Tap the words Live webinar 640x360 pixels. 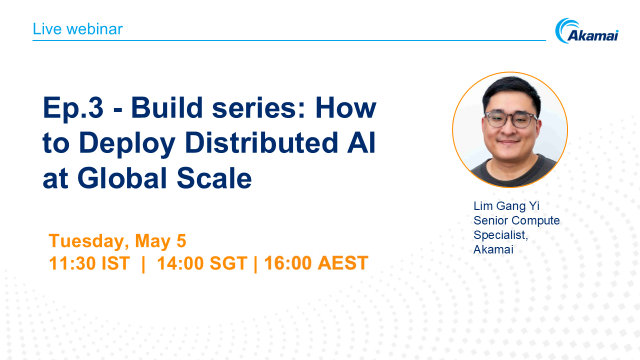(78, 28)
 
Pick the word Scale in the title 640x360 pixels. (210, 179)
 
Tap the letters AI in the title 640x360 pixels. (364, 143)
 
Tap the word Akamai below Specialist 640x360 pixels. (492, 248)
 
